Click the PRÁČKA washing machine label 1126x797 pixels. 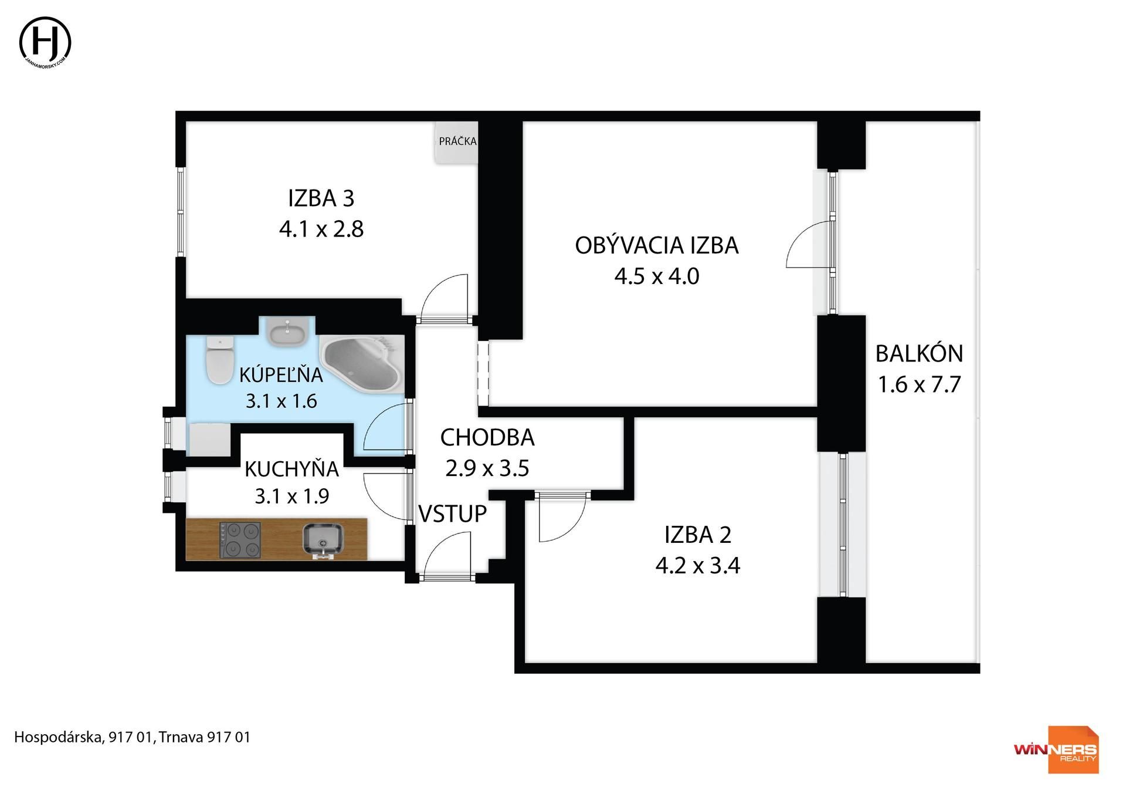[457, 141]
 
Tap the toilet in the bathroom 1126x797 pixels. [220, 360]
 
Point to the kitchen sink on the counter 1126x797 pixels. [322, 540]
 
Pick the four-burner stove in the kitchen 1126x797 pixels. [240, 540]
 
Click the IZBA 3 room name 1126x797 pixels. [321, 198]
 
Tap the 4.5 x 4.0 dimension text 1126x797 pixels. [657, 276]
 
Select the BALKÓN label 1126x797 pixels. [919, 353]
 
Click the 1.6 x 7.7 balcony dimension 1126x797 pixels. [919, 384]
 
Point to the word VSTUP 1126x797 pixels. [452, 514]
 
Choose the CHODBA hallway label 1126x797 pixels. [487, 437]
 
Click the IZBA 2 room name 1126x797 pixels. [697, 535]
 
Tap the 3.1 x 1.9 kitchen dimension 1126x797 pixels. [291, 497]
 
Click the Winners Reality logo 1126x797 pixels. [1056, 749]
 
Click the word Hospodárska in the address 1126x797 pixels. [58, 737]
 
